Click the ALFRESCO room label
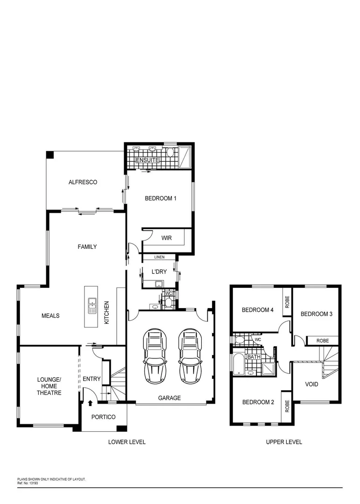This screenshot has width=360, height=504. [83, 182]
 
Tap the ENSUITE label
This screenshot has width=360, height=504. [147, 161]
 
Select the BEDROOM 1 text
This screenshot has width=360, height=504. [160, 198]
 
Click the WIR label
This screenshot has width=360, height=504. [166, 238]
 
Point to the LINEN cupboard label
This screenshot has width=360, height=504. [160, 257]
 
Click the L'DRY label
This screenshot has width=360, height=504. [159, 272]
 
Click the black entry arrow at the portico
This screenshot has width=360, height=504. [90, 403]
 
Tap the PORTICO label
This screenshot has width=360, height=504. [103, 417]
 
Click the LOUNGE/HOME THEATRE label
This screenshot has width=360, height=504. [49, 386]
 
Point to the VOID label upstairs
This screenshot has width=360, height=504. [311, 385]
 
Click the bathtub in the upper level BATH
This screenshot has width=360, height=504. [238, 364]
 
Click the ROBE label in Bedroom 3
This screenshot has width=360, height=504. [323, 341]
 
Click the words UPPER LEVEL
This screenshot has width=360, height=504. [284, 442]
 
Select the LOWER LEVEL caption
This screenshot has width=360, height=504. [127, 442]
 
